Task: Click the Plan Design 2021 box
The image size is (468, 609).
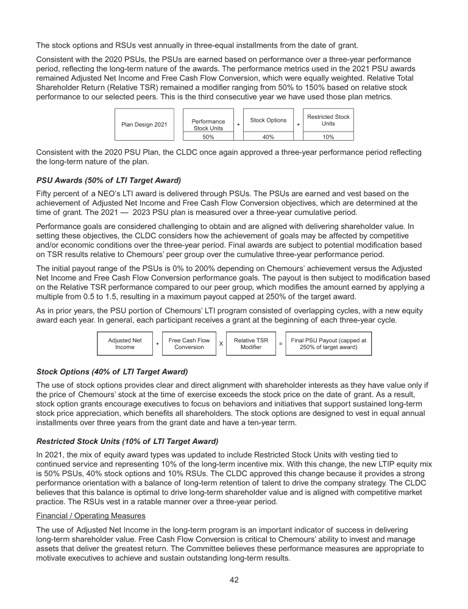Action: tap(144, 125)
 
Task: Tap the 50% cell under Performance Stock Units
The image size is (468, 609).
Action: tap(209, 138)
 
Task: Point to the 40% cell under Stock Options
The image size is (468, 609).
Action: tap(268, 138)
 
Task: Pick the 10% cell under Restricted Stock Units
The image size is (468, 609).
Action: tap(328, 138)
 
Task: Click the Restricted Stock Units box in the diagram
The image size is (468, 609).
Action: tap(328, 120)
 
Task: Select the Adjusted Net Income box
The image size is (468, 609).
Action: tap(125, 343)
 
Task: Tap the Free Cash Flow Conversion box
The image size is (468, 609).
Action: tap(189, 343)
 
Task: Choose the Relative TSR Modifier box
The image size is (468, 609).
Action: tap(251, 343)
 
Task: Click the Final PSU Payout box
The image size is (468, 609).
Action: tap(328, 343)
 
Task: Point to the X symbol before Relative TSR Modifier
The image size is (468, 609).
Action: tap(220, 344)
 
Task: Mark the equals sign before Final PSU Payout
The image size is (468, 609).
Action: tap(281, 344)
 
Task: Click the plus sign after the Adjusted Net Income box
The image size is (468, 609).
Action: tap(157, 344)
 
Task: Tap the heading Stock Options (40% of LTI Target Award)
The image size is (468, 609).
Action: tap(112, 371)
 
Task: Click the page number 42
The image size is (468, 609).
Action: tap(234, 580)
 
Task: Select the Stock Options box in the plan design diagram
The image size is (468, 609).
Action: tap(268, 120)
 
